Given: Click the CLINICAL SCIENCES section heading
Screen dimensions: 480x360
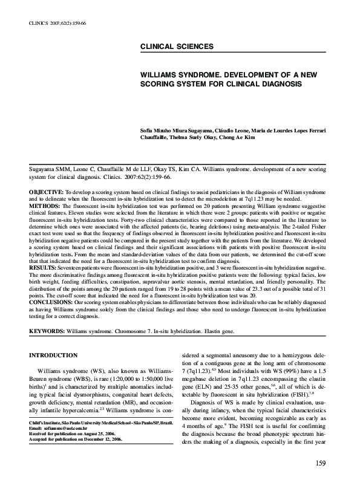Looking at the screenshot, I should (176, 47).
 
